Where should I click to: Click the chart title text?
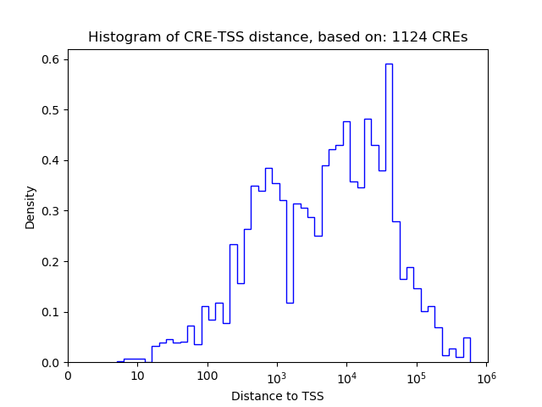click(278, 37)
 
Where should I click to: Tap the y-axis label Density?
click(30, 207)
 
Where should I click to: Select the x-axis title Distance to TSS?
click(278, 396)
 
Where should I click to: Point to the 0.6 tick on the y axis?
click(50, 59)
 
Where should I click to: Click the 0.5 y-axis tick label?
click(50, 110)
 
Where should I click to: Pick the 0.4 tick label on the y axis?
click(50, 160)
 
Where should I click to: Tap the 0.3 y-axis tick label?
click(50, 211)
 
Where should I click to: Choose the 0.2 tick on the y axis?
click(50, 261)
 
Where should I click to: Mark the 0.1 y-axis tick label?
click(50, 312)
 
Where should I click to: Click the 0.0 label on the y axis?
click(50, 363)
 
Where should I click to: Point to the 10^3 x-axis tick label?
click(277, 376)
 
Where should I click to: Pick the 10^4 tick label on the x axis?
click(346, 376)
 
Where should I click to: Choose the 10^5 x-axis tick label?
click(417, 376)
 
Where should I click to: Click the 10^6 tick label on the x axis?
click(486, 376)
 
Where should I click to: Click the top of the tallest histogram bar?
click(389, 64)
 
